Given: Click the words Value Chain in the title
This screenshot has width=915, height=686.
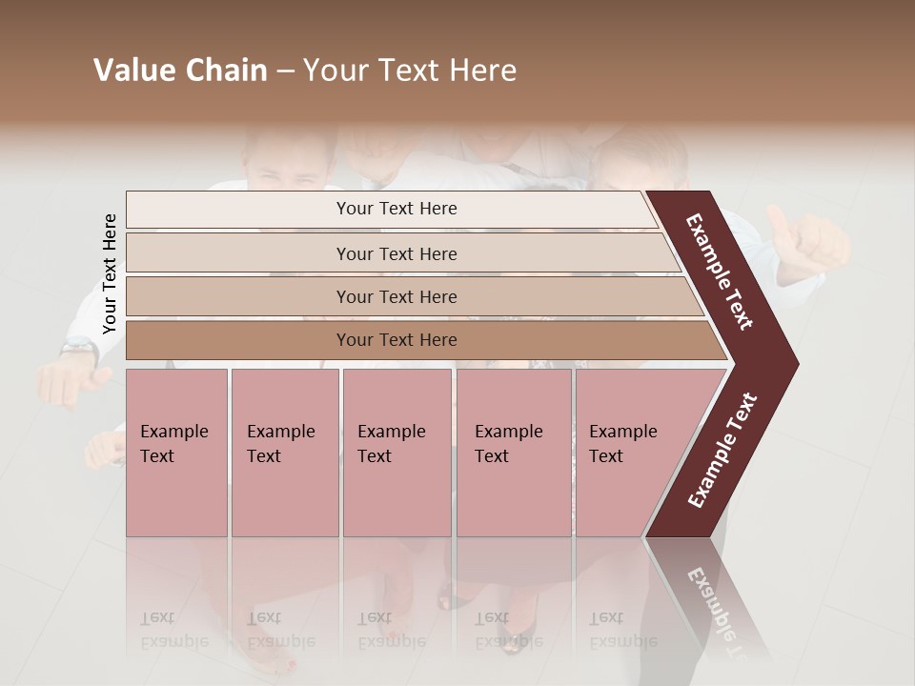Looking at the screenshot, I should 180,71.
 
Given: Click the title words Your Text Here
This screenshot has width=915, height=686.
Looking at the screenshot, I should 410,71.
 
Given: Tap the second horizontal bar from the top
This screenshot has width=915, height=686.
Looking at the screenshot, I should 396,253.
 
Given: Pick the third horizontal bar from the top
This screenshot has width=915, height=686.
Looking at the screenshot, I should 396,296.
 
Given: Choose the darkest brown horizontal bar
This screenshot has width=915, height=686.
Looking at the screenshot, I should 396,340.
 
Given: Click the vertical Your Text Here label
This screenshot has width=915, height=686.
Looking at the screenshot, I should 110,273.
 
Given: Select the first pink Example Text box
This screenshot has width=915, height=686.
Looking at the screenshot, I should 176,452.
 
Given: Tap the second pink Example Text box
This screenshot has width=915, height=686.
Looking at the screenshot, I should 285,452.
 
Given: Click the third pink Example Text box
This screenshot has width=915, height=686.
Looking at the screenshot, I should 396,452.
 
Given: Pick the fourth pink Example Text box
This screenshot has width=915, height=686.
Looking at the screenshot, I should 514,452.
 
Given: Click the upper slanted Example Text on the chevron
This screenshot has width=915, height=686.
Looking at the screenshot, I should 720,272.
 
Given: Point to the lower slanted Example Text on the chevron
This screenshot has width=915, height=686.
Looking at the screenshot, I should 722,451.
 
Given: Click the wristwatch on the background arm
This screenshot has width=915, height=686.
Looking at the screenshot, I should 78,349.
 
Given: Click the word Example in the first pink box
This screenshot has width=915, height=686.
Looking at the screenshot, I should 173,432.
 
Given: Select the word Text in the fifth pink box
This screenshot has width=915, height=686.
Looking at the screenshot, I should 605,456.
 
